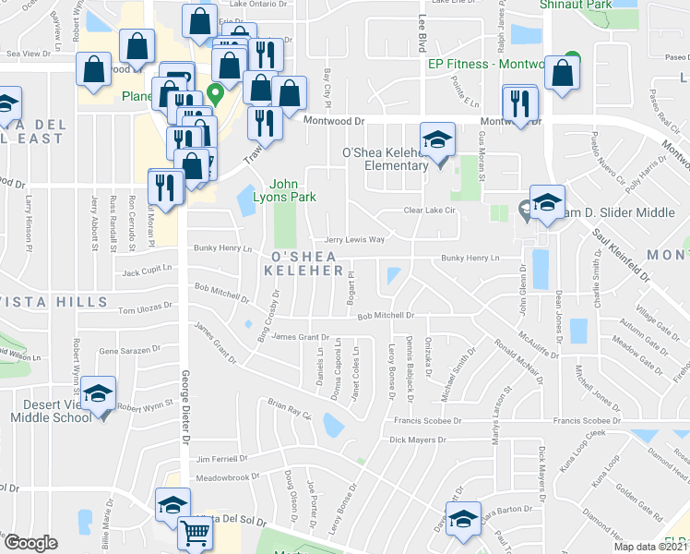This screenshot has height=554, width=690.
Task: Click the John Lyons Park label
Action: tap(292, 189)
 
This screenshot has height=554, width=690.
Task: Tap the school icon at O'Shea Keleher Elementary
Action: tap(437, 139)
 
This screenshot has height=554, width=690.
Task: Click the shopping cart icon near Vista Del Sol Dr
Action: tap(195, 534)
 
